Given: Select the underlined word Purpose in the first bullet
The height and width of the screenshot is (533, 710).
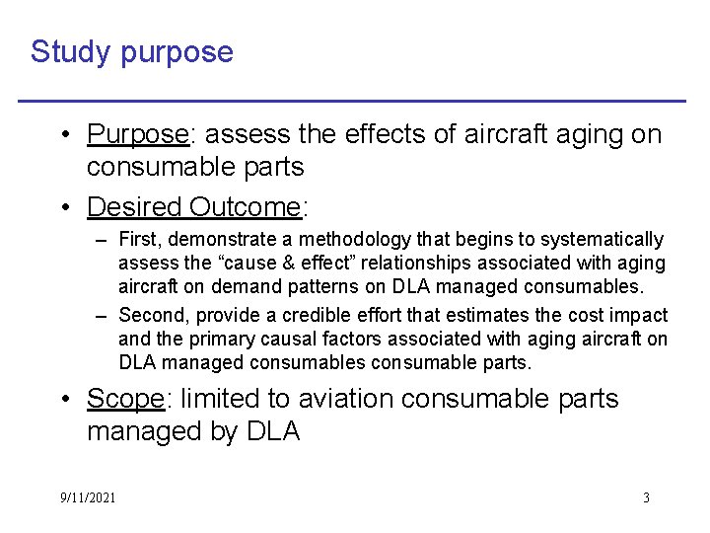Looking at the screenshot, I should tap(137, 134).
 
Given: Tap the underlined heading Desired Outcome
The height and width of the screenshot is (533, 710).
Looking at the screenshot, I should tap(193, 207).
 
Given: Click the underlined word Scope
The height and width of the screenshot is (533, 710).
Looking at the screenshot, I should tap(125, 399).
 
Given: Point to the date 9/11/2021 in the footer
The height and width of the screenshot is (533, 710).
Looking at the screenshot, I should tap(87, 497).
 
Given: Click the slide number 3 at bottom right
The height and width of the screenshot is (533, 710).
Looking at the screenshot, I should tap(646, 497).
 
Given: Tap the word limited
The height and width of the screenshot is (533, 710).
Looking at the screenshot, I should tap(213, 399).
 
